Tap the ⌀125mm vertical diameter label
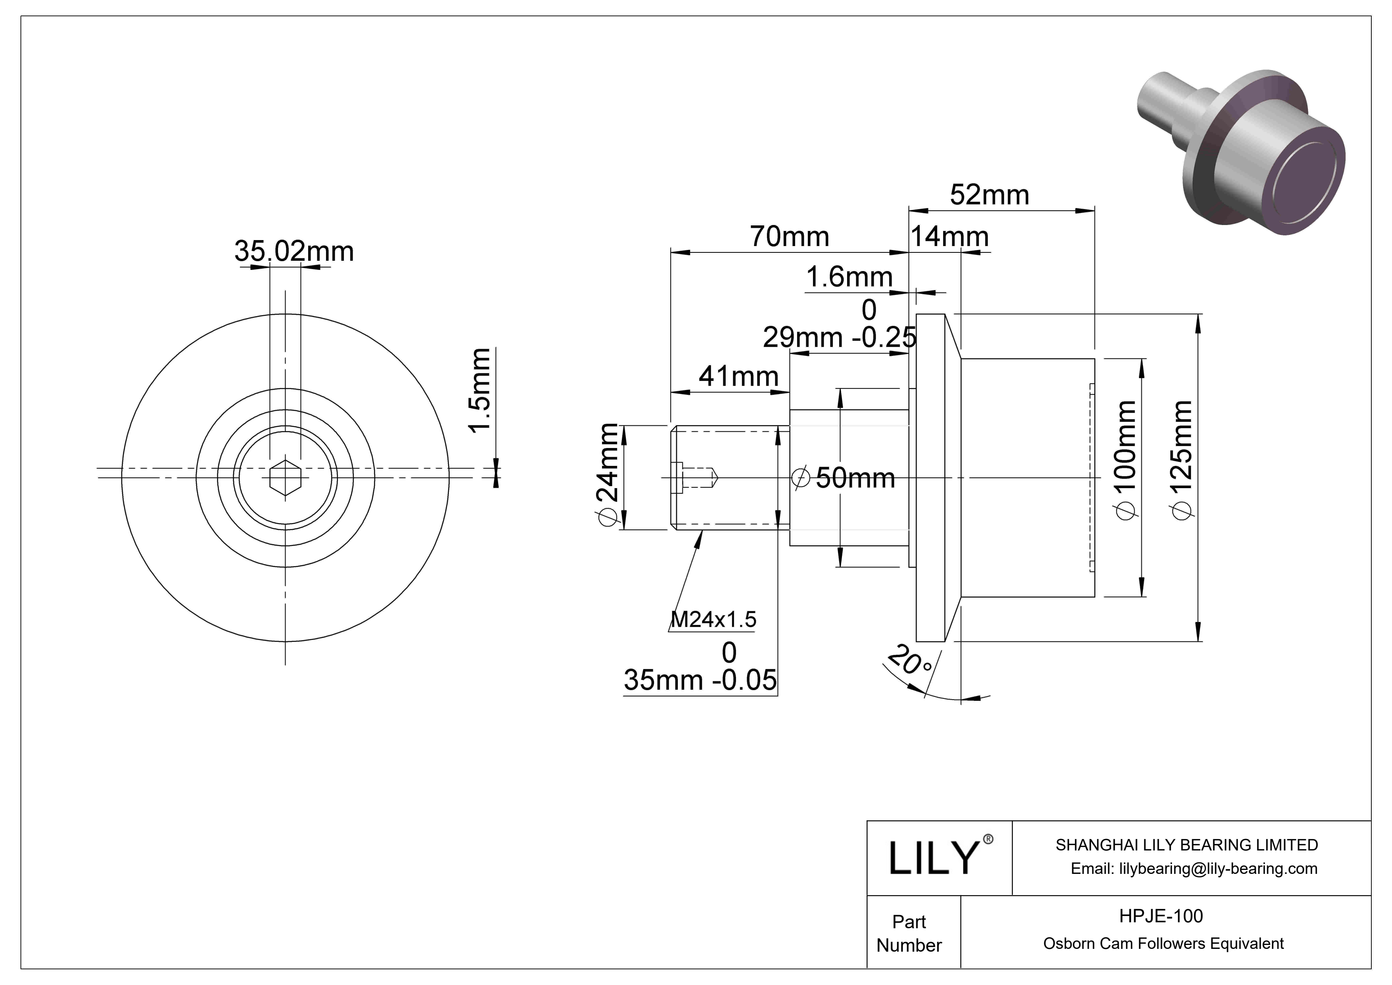click(x=1182, y=459)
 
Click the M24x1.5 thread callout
click(x=713, y=619)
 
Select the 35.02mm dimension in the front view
click(x=294, y=251)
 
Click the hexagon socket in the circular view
click(x=286, y=477)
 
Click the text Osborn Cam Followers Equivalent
click(x=1163, y=943)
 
